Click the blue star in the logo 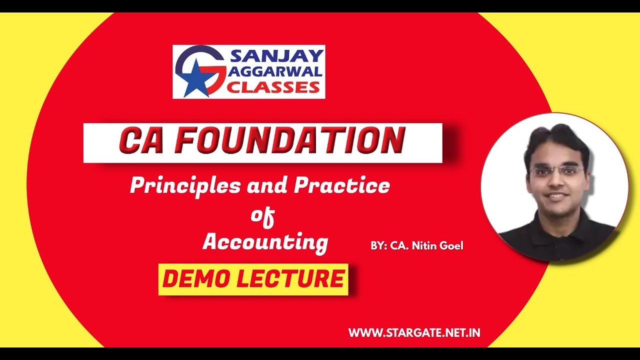click(195, 79)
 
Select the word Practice click(342, 186)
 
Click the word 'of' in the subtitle click(263, 216)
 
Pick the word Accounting click(265, 242)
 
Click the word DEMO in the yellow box click(196, 279)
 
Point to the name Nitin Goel click(438, 245)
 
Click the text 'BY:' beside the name click(378, 245)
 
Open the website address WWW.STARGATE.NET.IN click(414, 332)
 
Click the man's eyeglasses click(557, 171)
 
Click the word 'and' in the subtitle click(268, 186)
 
